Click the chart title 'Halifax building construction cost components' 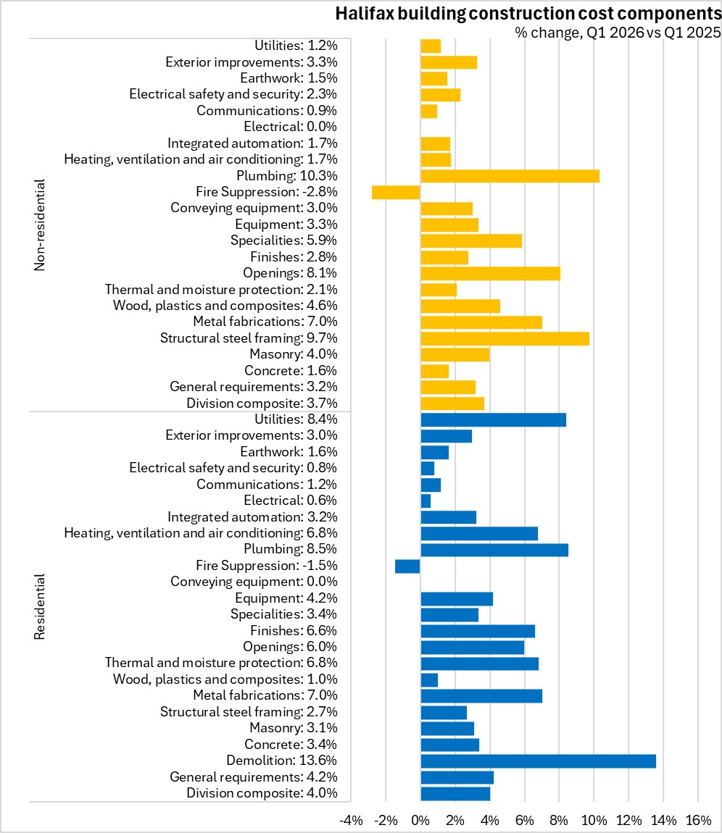[x=528, y=14]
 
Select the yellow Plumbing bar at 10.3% [x=510, y=176]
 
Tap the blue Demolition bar [x=538, y=761]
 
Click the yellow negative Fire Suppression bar [x=396, y=192]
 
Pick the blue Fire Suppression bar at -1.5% [x=407, y=566]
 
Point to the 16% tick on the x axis [x=698, y=820]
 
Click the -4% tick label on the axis [x=351, y=820]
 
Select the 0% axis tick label [x=420, y=820]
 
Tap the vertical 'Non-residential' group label [x=40, y=225]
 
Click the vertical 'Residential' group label [x=40, y=606]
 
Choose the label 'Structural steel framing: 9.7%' [x=249, y=338]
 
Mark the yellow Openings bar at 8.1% [x=490, y=274]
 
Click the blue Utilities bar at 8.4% [x=494, y=419]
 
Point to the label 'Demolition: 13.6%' [x=282, y=761]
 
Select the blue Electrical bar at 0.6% [x=426, y=501]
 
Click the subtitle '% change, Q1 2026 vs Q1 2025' [x=618, y=33]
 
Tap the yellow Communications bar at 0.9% [x=429, y=111]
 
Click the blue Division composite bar [x=455, y=794]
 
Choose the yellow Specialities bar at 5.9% [x=471, y=241]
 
